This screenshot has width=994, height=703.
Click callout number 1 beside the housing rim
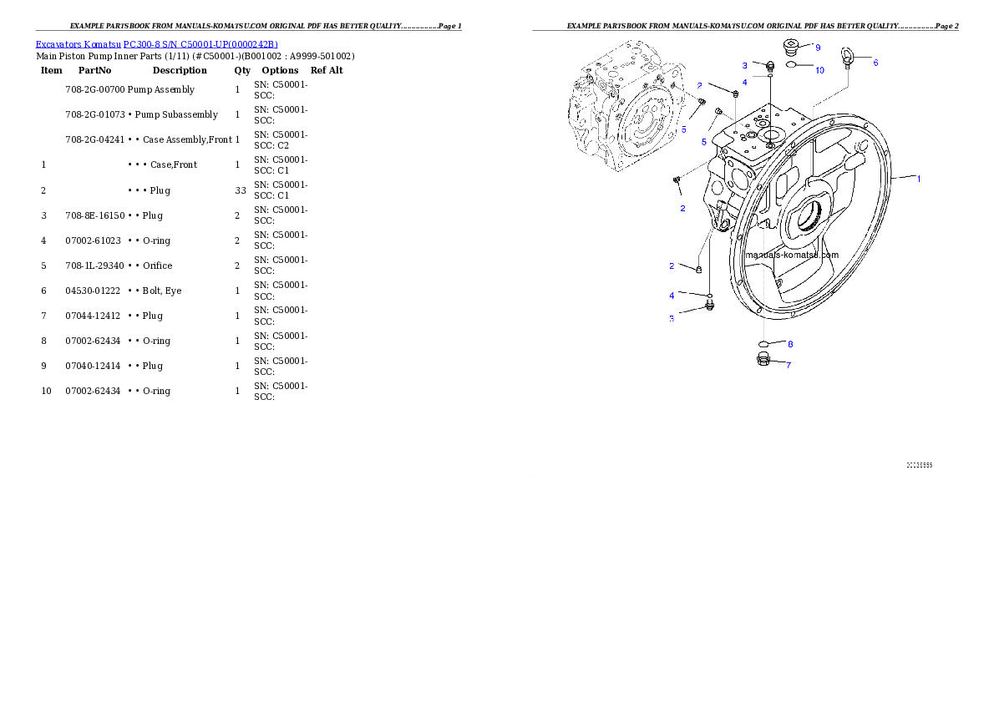919,179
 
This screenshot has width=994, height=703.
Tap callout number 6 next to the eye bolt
875,62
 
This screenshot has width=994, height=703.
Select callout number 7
788,365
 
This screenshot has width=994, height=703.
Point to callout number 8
790,344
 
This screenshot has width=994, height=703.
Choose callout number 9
818,48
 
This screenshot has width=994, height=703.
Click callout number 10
819,70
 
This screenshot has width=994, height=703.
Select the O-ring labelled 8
763,343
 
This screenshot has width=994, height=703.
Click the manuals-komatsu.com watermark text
792,255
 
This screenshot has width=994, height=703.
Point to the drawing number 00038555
919,464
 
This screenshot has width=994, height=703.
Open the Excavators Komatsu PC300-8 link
156,44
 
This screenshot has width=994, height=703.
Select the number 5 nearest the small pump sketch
683,129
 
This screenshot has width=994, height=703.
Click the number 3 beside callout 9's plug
744,65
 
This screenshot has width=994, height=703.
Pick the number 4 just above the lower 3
672,296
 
